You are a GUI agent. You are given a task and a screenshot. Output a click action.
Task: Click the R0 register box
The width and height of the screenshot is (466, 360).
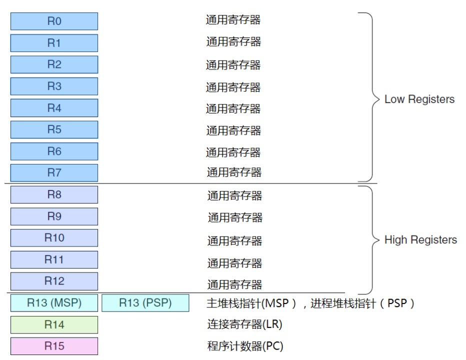pyautogui.click(x=54, y=21)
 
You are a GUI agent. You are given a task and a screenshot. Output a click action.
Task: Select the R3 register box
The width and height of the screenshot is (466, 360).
pyautogui.click(x=54, y=86)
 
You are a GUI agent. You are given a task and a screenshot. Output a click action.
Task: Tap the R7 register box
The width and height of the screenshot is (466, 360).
pyautogui.click(x=54, y=173)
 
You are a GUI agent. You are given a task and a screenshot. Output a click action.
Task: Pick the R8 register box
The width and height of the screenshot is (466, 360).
pyautogui.click(x=54, y=195)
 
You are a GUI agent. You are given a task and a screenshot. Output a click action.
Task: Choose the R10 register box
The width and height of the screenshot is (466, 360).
pyautogui.click(x=54, y=238)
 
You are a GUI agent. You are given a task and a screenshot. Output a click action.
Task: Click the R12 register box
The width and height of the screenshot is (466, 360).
pyautogui.click(x=54, y=281)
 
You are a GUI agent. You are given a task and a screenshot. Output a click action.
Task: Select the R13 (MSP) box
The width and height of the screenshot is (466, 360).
pyautogui.click(x=54, y=303)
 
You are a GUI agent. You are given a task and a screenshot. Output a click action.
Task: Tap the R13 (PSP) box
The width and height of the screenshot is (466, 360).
pyautogui.click(x=145, y=303)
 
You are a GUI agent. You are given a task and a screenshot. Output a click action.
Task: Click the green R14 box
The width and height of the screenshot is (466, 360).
pyautogui.click(x=54, y=324)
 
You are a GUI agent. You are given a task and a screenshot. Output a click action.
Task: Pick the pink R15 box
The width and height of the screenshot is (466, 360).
pyautogui.click(x=54, y=346)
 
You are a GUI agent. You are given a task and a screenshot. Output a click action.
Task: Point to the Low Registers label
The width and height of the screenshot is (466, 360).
pyautogui.click(x=419, y=99)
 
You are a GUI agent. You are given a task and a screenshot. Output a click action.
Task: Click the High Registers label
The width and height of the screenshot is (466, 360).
pyautogui.click(x=420, y=240)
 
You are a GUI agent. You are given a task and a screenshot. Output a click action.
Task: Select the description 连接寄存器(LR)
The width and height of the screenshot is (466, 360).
pyautogui.click(x=244, y=324)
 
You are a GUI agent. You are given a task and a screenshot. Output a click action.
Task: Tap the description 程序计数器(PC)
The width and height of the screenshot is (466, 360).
pyautogui.click(x=245, y=346)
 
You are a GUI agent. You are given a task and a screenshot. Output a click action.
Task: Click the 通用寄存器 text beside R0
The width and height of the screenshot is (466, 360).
pyautogui.click(x=233, y=20)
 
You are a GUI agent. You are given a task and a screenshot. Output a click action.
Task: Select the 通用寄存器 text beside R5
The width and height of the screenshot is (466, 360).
pyautogui.click(x=233, y=130)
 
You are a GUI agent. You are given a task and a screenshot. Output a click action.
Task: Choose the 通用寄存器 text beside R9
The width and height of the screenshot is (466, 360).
pyautogui.click(x=234, y=217)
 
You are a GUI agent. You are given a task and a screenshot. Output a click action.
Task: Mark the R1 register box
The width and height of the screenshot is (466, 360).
pyautogui.click(x=54, y=43)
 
